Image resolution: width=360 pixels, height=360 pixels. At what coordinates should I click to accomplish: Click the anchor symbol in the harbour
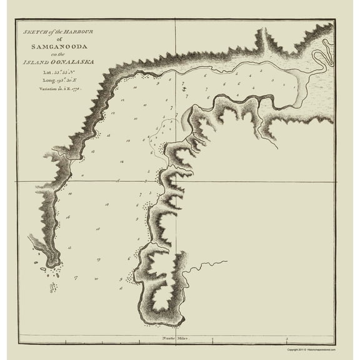(184, 91)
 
